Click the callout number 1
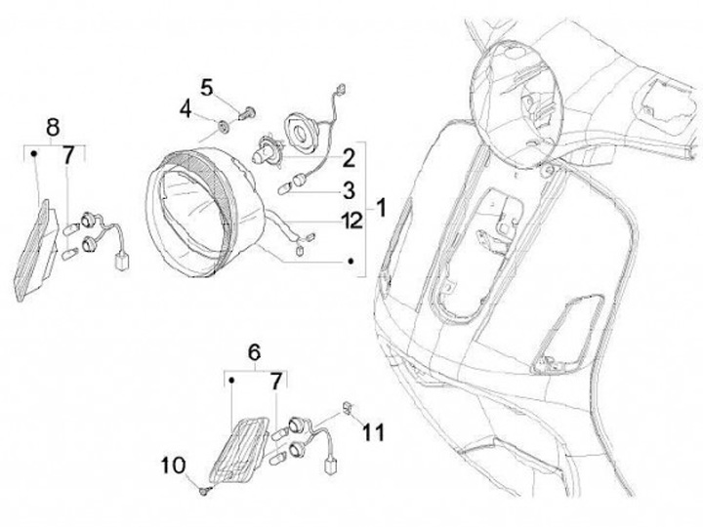pyautogui.click(x=382, y=207)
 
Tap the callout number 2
pyautogui.click(x=348, y=156)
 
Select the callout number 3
pyautogui.click(x=348, y=188)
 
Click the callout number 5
pyautogui.click(x=208, y=87)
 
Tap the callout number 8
pyautogui.click(x=53, y=126)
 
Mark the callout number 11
pyautogui.click(x=374, y=430)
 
